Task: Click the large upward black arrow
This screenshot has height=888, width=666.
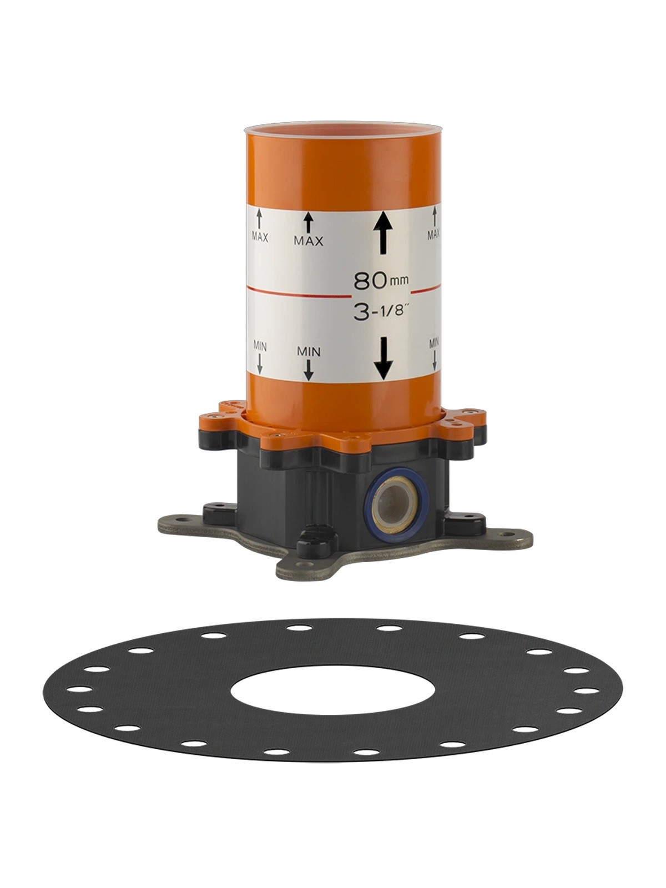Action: [383, 235]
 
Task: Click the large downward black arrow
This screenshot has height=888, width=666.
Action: [383, 359]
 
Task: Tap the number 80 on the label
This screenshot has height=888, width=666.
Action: [370, 280]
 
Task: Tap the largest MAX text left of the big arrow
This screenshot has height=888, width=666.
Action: [309, 241]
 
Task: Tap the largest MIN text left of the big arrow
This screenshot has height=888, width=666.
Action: [309, 351]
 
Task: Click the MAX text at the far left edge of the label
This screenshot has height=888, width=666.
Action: [260, 238]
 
